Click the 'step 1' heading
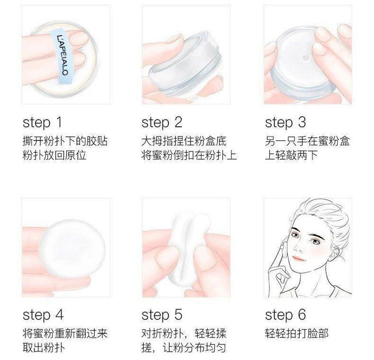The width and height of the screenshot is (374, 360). pos(42,123)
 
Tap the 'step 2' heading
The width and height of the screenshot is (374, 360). pos(162,123)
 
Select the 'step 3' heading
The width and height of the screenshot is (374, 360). pos(286,123)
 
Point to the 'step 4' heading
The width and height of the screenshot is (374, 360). pos(43,315)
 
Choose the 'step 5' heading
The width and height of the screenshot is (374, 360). pos(162,315)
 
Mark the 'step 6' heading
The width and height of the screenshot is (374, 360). pos(286,315)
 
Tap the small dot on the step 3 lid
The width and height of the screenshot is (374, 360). pos(306,57)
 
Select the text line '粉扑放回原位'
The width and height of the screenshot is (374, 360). pos(54,155)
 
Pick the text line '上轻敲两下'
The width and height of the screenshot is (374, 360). pos(291,155)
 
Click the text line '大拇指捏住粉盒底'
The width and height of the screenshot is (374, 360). pos(184,141)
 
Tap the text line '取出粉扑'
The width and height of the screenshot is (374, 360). pos(43,348)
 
